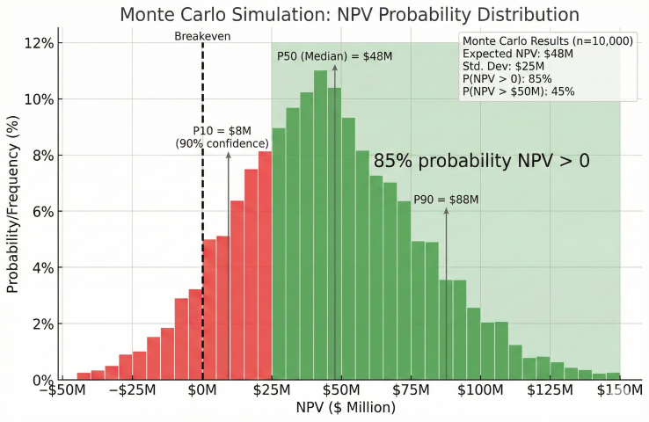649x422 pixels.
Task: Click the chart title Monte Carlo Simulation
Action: pyautogui.click(x=349, y=15)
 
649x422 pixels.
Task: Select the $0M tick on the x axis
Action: pyautogui.click(x=203, y=389)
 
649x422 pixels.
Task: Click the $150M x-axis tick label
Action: pyautogui.click(x=619, y=389)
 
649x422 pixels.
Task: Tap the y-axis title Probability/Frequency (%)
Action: pyautogui.click(x=13, y=211)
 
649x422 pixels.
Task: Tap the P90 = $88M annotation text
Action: pyautogui.click(x=446, y=200)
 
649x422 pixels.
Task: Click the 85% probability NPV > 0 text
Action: pyautogui.click(x=481, y=162)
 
